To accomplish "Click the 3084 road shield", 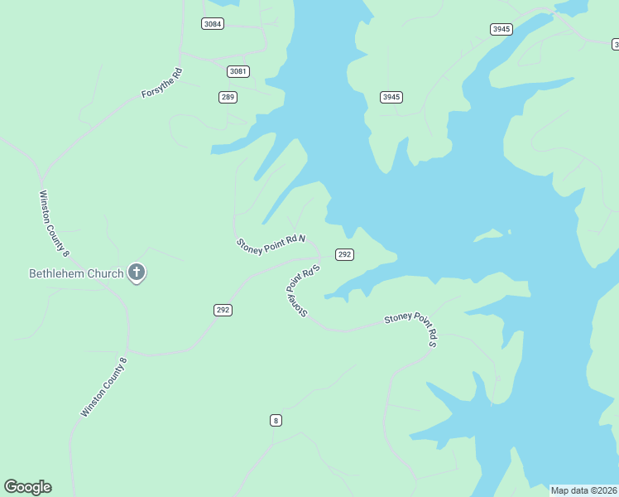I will (x=213, y=23).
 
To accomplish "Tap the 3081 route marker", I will (x=238, y=71).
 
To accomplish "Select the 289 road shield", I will (x=228, y=97).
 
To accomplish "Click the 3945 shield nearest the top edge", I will (x=501, y=29).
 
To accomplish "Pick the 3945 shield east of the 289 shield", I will (x=391, y=97).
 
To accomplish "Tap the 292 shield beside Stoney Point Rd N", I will (x=344, y=254).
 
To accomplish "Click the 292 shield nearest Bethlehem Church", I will (x=222, y=310).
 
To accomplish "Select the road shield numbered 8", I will (x=276, y=420).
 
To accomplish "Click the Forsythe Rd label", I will (x=161, y=84).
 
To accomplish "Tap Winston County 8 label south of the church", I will (x=104, y=387).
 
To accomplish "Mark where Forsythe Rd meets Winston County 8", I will (x=42, y=177).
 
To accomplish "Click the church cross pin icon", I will (x=137, y=272).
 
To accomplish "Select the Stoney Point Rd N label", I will (x=271, y=244).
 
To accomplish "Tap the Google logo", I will (x=27, y=487).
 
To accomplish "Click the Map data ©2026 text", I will (x=584, y=490).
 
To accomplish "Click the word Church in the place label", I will (x=107, y=273).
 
